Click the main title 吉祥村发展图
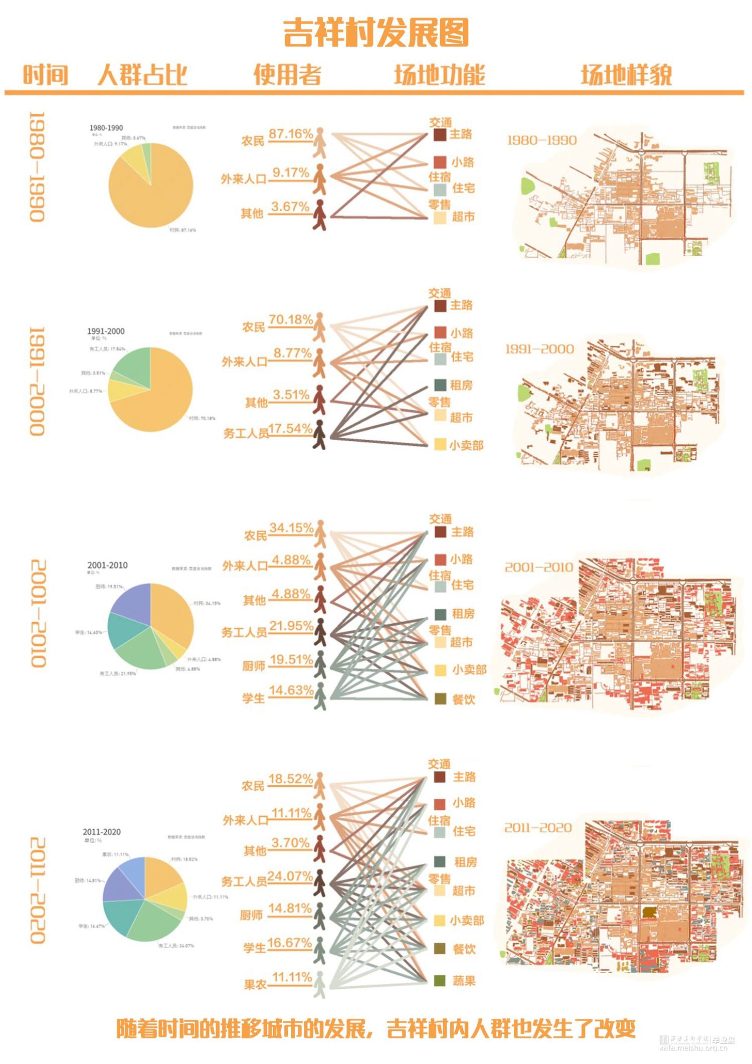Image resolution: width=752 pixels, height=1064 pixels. coord(376,33)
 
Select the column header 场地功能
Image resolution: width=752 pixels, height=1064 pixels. coord(440,75)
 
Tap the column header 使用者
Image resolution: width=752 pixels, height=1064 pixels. coord(287,75)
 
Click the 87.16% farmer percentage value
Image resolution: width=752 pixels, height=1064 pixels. coord(291,134)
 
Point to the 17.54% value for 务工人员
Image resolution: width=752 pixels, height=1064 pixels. coord(290,429)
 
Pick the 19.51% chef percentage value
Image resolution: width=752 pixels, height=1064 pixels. coord(291,659)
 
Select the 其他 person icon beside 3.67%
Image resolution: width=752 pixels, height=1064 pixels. coord(319,215)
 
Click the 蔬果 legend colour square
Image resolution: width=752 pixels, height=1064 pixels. coord(440,981)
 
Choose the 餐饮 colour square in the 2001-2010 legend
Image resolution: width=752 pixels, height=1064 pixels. coord(440,699)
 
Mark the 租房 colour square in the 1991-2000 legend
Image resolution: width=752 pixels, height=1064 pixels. coord(440,385)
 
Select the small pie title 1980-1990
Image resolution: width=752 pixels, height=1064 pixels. coord(106,128)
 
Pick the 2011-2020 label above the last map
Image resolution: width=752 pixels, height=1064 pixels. coord(538,828)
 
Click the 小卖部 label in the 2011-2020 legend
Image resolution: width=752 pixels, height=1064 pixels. coord(467,921)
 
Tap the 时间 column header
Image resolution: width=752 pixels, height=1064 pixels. coord(45,75)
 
